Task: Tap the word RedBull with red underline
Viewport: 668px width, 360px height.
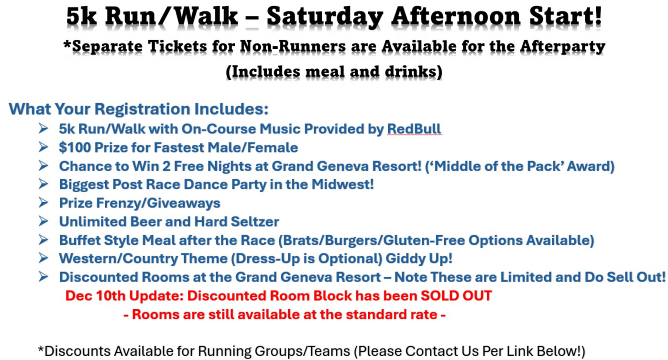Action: pyautogui.click(x=414, y=129)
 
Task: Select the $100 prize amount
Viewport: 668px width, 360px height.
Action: pyautogui.click(x=75, y=147)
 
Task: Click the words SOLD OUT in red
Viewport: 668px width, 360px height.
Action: pyautogui.click(x=456, y=295)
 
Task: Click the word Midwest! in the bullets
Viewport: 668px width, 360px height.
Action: pyautogui.click(x=343, y=185)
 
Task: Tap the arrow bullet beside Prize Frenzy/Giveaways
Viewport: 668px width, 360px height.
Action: pyautogui.click(x=43, y=203)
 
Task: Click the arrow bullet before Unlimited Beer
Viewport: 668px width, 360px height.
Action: pyautogui.click(x=43, y=221)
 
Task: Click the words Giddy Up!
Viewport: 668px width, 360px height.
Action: pyautogui.click(x=419, y=259)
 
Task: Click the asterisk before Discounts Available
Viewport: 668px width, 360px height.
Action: pyautogui.click(x=41, y=349)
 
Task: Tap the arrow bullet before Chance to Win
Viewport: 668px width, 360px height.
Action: pyautogui.click(x=43, y=165)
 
